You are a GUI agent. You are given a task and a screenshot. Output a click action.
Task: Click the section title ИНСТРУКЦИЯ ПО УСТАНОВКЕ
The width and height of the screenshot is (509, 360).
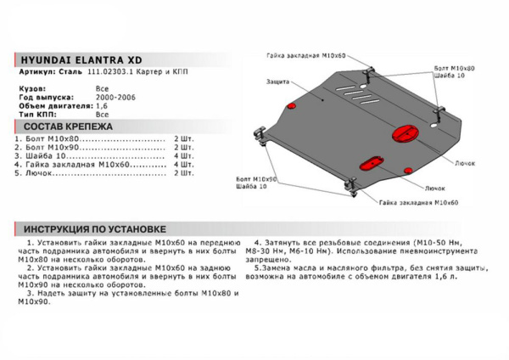coord(95,229)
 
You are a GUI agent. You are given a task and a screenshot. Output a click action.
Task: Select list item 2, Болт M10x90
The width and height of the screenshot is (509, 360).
coord(51,147)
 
